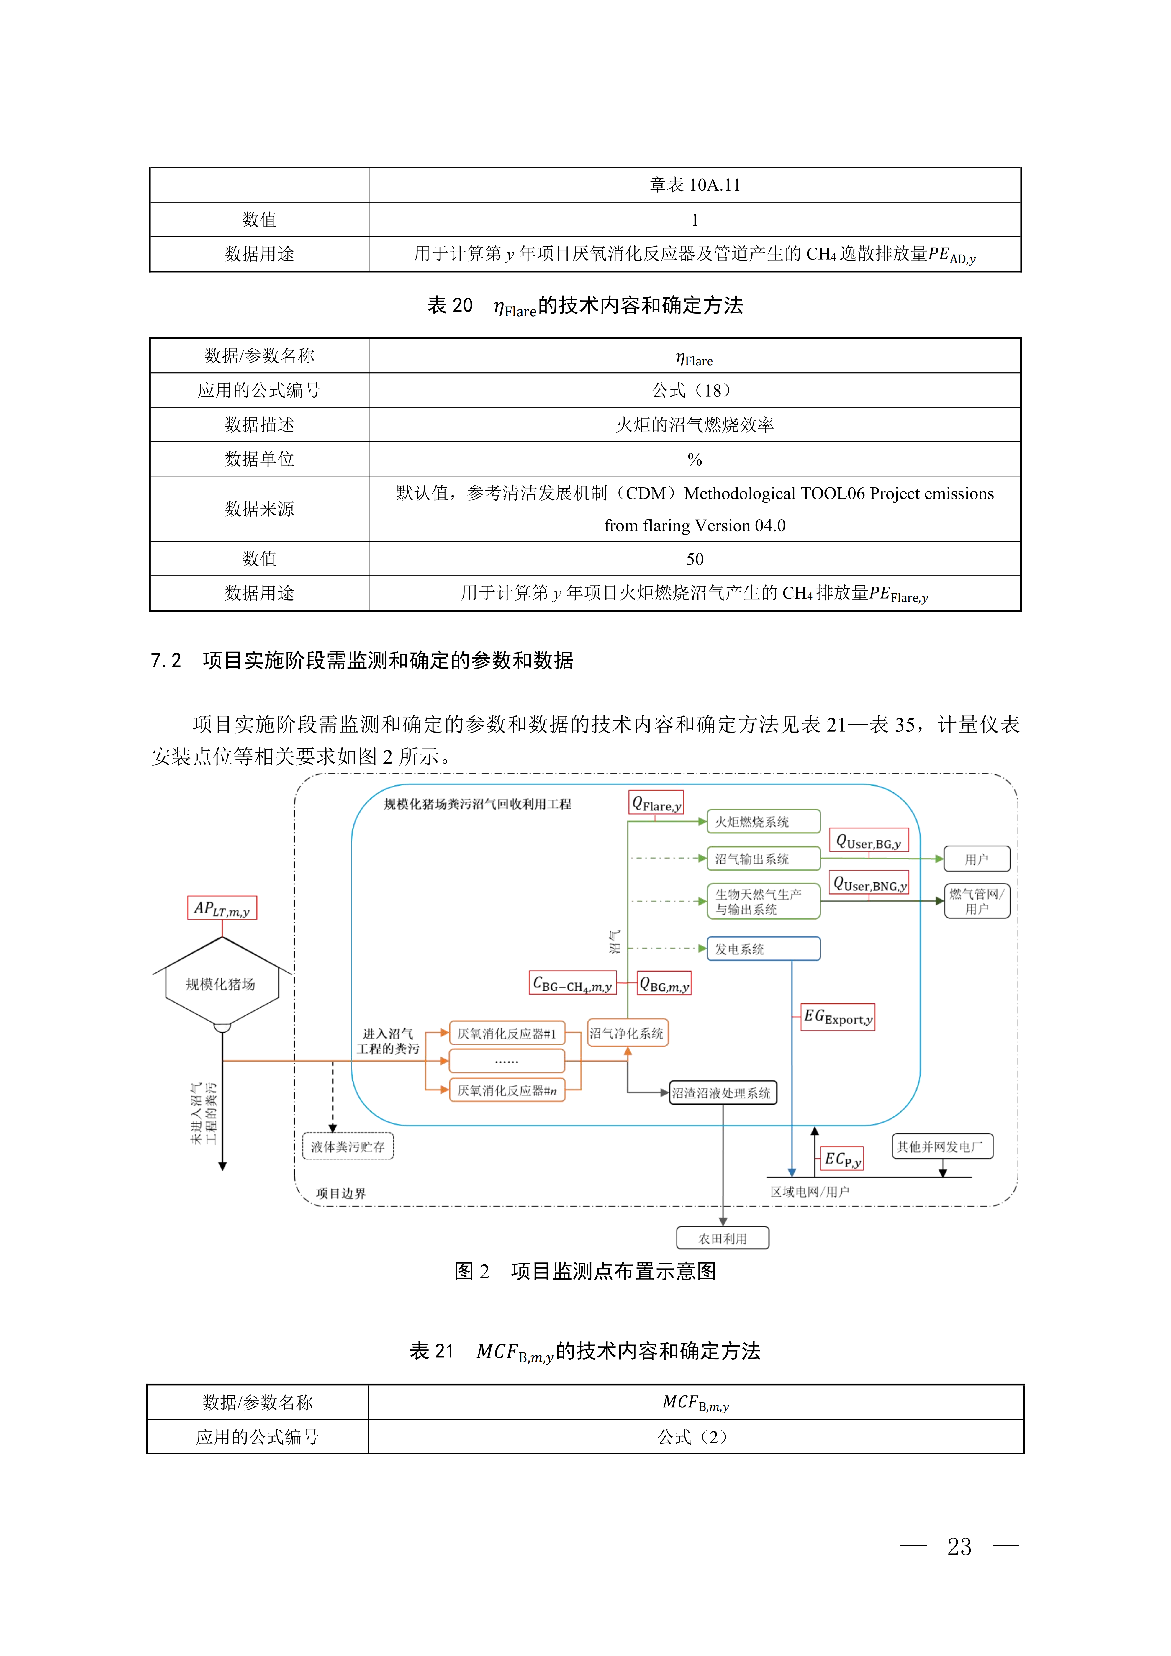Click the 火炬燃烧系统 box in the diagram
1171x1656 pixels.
click(763, 821)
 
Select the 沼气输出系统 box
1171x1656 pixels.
click(763, 858)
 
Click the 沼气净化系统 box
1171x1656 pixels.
click(627, 1033)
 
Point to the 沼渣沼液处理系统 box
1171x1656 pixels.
click(723, 1093)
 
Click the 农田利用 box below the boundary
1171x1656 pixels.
click(723, 1239)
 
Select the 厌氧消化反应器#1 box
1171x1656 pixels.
click(507, 1033)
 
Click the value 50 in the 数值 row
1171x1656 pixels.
click(695, 559)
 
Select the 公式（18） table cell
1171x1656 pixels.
click(695, 390)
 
